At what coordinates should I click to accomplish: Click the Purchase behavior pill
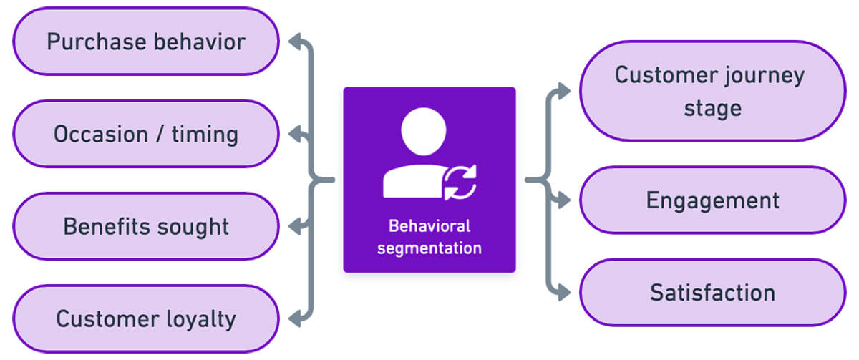[x=146, y=41]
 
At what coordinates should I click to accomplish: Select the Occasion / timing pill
[x=146, y=134]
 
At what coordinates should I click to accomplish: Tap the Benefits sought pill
[x=146, y=226]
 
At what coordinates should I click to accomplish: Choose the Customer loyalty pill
[x=146, y=318]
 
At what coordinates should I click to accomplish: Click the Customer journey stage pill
[x=713, y=91]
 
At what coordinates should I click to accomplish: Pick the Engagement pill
[x=713, y=200]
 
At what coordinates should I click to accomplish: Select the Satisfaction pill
[x=713, y=292]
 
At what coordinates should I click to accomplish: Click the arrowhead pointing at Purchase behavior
[x=294, y=42]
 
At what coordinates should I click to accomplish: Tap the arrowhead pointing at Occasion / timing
[x=294, y=134]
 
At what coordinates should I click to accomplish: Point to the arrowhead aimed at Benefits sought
[x=294, y=226]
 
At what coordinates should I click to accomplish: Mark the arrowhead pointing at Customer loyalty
[x=294, y=318]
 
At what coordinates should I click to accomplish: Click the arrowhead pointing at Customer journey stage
[x=564, y=91]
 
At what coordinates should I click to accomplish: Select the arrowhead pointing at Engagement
[x=564, y=200]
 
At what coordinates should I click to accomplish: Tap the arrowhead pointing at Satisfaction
[x=564, y=293]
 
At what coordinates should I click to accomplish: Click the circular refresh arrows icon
[x=460, y=183]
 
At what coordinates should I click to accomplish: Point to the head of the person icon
[x=423, y=132]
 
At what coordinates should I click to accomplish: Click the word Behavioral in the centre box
[x=429, y=226]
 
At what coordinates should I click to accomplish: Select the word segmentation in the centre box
[x=429, y=248]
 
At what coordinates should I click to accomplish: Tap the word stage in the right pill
[x=713, y=109]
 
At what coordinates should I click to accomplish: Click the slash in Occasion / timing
[x=160, y=134]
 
